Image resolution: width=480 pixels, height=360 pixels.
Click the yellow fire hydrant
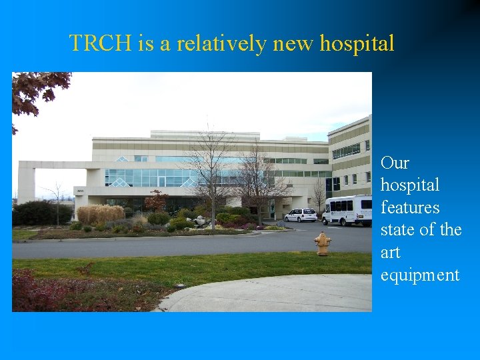tap(323, 244)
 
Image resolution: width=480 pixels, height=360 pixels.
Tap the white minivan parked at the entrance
tap(301, 215)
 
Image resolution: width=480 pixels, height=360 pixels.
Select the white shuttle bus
tap(347, 210)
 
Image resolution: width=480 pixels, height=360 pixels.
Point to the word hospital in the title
tap(357, 44)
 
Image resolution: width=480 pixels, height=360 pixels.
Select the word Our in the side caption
tap(395, 163)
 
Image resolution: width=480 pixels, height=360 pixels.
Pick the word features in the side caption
tap(410, 208)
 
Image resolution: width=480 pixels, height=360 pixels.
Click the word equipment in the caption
tap(420, 275)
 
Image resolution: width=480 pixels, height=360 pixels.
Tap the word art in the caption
tap(390, 253)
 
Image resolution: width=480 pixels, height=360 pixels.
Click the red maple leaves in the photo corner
tap(37, 90)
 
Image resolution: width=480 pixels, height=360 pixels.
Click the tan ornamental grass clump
tap(100, 214)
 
